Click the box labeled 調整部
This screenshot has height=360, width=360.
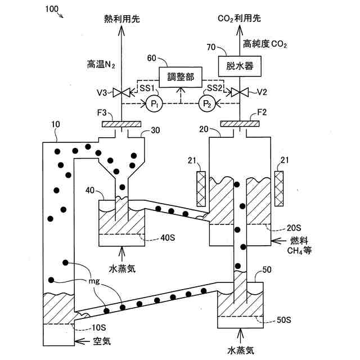tap(181, 77)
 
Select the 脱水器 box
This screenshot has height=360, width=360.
tap(240, 66)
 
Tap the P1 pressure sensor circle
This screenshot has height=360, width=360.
tap(154, 103)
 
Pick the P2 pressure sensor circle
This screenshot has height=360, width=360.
tap(207, 103)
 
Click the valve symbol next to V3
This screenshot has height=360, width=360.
tap(121, 92)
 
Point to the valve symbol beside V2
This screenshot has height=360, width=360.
tap(240, 92)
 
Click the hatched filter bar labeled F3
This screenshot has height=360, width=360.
tap(121, 124)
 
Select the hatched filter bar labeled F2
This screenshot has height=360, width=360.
tap(240, 124)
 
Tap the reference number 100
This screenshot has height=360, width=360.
tap(52, 9)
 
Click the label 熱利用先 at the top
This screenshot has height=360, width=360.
tap(122, 19)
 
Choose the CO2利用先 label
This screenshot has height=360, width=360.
tap(239, 19)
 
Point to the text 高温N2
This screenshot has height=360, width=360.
tap(101, 65)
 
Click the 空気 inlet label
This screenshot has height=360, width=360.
tap(102, 341)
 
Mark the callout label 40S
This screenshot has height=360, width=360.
tap(168, 238)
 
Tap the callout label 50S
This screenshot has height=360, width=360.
tap(284, 320)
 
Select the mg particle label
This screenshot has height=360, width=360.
tap(94, 281)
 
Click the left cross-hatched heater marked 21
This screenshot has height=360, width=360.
tap(201, 189)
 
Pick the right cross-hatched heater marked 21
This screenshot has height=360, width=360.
tap(279, 189)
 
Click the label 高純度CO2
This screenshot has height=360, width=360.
tap(265, 44)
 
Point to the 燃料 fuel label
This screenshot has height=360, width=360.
tap(299, 241)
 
